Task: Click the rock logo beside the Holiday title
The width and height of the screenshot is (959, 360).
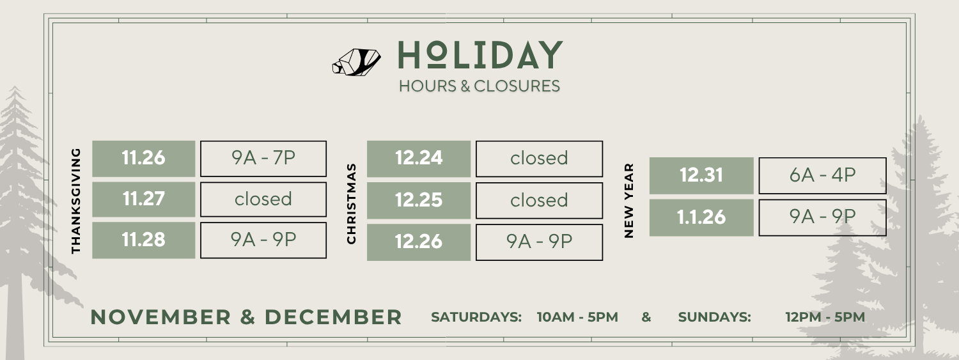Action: tap(356, 61)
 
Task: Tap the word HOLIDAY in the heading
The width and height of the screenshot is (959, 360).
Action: tap(479, 56)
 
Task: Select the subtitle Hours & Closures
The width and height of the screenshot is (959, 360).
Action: tap(479, 86)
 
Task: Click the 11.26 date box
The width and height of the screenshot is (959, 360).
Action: tap(144, 159)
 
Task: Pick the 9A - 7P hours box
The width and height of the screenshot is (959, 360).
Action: tap(263, 159)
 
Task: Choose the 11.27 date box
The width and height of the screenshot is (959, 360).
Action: tap(144, 199)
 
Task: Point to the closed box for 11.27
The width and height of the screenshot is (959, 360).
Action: tap(263, 199)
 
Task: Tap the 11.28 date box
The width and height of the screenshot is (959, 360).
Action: tap(144, 240)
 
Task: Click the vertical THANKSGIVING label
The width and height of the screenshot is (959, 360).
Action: tap(77, 201)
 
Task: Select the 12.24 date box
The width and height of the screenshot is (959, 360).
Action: tap(419, 159)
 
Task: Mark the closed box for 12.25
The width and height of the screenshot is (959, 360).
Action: tap(539, 200)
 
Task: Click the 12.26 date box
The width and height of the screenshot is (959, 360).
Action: tap(419, 242)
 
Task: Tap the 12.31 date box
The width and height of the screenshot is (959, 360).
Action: tap(701, 175)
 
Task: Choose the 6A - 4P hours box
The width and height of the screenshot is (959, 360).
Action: tap(822, 175)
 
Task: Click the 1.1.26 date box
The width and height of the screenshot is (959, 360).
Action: tap(701, 217)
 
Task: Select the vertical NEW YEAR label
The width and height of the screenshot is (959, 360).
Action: tap(629, 200)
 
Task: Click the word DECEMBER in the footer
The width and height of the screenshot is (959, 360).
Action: tap(333, 317)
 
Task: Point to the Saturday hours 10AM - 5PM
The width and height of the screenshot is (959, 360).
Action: tap(577, 317)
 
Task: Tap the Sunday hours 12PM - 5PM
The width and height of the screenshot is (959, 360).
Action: tap(825, 317)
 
